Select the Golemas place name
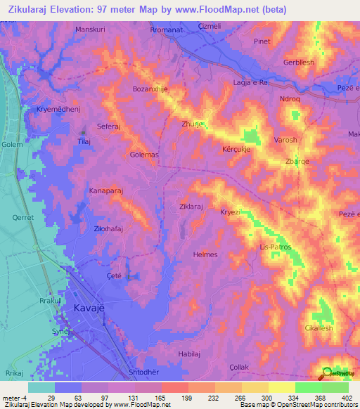pyautogui.click(x=145, y=154)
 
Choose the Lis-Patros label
pyautogui.click(x=275, y=247)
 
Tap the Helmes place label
pyautogui.click(x=205, y=254)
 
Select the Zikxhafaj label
pyautogui.click(x=109, y=229)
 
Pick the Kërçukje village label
pyautogui.click(x=238, y=149)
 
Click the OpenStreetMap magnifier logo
pyautogui.click(x=328, y=372)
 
